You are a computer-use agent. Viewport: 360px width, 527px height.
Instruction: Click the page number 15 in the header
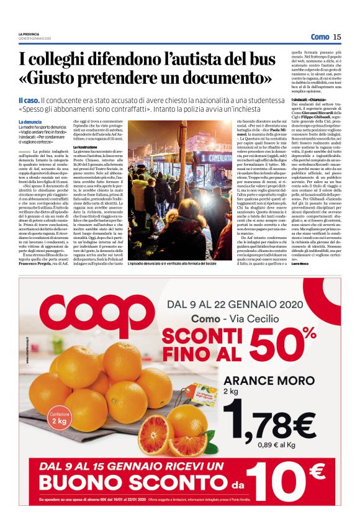click(x=337, y=37)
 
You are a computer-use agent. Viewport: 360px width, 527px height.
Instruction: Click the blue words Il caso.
click(x=29, y=99)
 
